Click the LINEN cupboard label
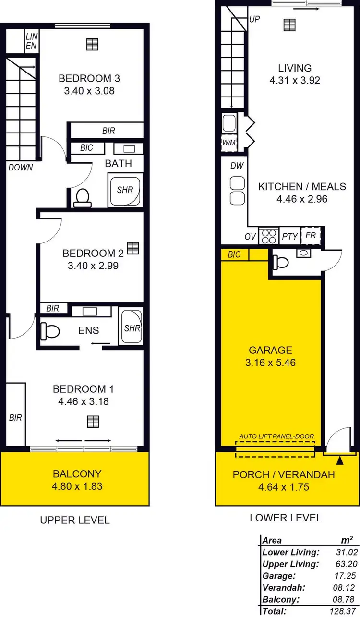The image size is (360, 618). [x=32, y=41]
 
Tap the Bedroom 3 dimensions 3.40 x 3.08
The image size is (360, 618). [x=89, y=90]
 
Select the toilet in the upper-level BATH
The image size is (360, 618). [x=83, y=198]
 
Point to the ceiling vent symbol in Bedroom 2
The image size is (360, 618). [x=133, y=248]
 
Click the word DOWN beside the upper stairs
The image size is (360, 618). [x=21, y=168]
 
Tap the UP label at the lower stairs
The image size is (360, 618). [x=255, y=20]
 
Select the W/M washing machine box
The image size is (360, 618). [x=229, y=143]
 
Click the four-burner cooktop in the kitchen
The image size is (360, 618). [x=269, y=236]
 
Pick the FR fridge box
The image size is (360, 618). [x=311, y=236]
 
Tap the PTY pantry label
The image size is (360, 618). [x=290, y=236]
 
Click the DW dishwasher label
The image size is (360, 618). [x=237, y=166]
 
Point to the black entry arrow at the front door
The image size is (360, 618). [x=340, y=461]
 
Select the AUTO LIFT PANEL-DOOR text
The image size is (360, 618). [x=276, y=436]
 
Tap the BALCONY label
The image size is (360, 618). [x=77, y=474]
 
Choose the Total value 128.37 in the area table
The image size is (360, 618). [x=346, y=611]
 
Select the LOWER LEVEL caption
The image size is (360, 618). [x=286, y=518]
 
